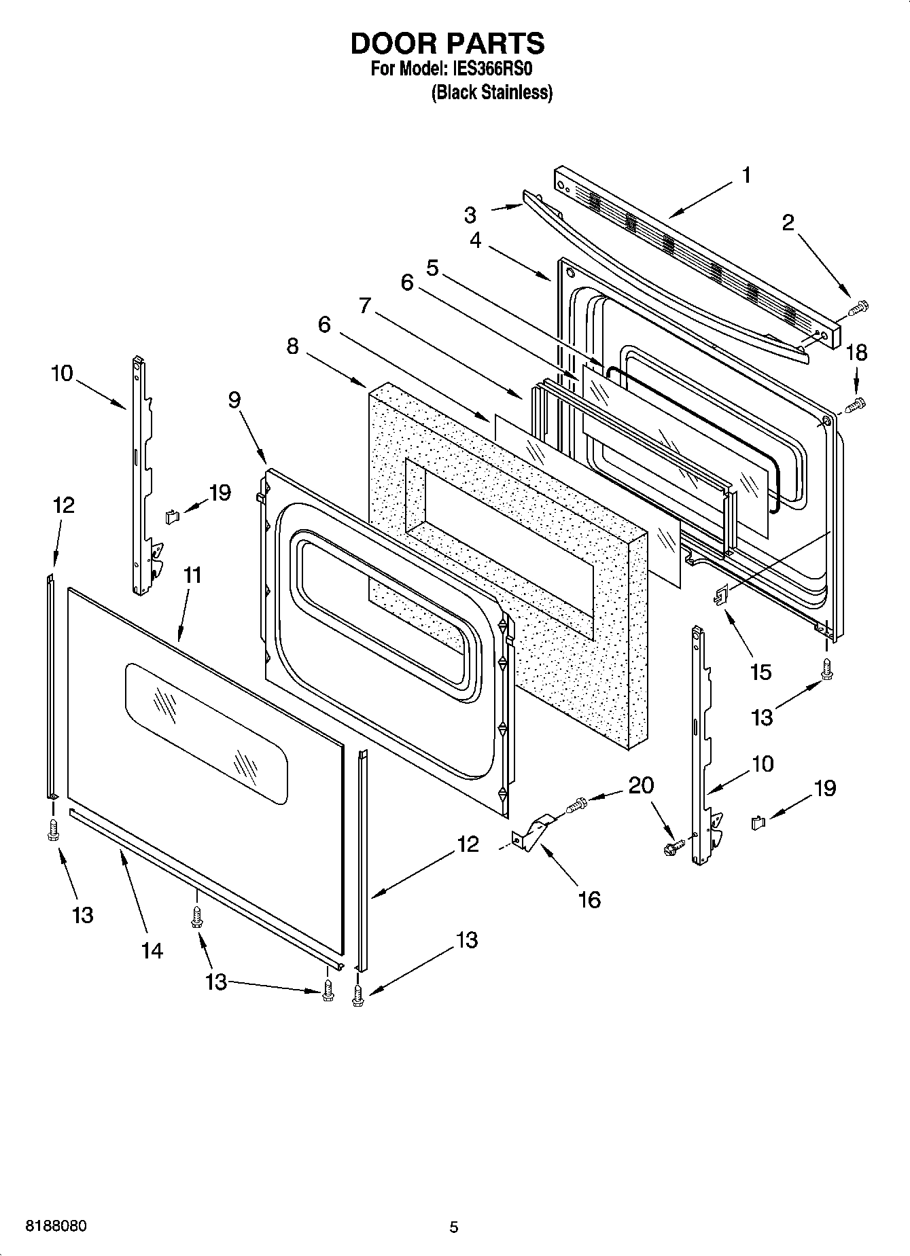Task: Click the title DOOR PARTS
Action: [x=447, y=43]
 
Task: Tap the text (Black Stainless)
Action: [x=491, y=92]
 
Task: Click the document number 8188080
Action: [x=56, y=1227]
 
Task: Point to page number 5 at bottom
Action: [x=454, y=1227]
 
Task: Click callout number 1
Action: [x=746, y=176]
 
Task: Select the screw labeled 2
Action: [x=858, y=308]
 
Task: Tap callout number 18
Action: [x=856, y=353]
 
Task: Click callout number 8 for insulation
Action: [x=292, y=346]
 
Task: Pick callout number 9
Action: [x=234, y=400]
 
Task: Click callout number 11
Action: [x=192, y=575]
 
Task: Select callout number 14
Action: [x=152, y=951]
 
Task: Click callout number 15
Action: [x=760, y=672]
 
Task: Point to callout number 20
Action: [x=641, y=785]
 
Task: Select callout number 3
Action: [x=470, y=215]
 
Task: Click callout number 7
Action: [x=365, y=306]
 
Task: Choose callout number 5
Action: [x=432, y=267]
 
